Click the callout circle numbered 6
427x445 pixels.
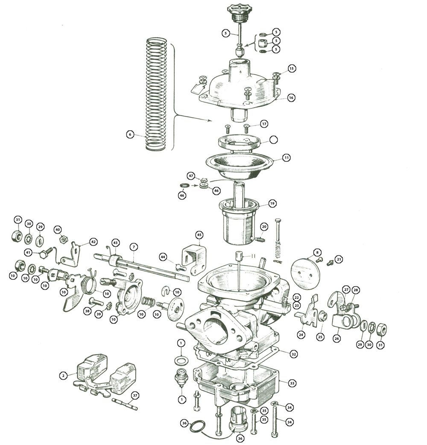click(130, 134)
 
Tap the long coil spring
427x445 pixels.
click(156, 94)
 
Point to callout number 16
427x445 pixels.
click(291, 98)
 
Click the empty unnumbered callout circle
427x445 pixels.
click(274, 140)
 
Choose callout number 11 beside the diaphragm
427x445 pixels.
click(287, 158)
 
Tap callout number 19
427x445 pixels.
click(272, 203)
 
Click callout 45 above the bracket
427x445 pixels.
click(199, 235)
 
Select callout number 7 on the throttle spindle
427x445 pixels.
click(134, 247)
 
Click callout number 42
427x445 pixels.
click(93, 242)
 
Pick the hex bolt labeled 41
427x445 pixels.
click(46, 252)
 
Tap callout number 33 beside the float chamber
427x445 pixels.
click(292, 384)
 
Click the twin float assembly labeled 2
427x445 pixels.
click(105, 375)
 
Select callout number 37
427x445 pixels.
click(135, 395)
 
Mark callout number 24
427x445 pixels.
click(301, 335)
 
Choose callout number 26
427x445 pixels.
click(336, 338)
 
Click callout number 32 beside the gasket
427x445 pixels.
click(293, 354)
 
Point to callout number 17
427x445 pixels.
click(264, 124)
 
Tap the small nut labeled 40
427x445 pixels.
click(63, 240)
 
